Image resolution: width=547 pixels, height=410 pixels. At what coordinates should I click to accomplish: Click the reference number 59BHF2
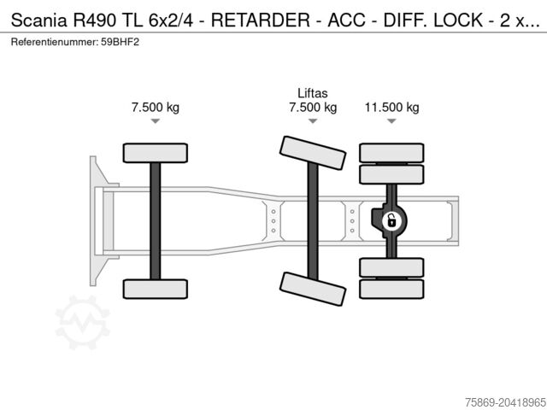coord(121,41)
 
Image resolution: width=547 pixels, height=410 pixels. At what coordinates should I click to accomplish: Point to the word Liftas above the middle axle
coord(313,93)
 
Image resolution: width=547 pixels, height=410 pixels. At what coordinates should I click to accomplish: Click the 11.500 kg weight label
coord(391,108)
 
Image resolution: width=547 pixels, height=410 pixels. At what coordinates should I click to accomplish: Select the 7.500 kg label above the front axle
coord(155,108)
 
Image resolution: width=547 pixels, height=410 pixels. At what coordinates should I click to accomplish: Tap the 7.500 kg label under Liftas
coord(313,108)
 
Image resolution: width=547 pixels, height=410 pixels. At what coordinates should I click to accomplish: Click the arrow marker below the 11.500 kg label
coord(391,122)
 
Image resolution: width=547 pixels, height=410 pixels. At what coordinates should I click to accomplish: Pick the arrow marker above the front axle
coord(155,122)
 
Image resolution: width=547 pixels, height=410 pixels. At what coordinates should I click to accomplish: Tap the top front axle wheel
coord(155,153)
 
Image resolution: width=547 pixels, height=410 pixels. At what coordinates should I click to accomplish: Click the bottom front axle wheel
coord(155,289)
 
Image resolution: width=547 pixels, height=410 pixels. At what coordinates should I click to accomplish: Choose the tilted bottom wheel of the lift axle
coord(313,289)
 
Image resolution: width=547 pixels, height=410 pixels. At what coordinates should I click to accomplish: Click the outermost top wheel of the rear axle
coord(391,152)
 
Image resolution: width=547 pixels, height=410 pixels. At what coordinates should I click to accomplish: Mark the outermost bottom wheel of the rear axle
coord(391,290)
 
